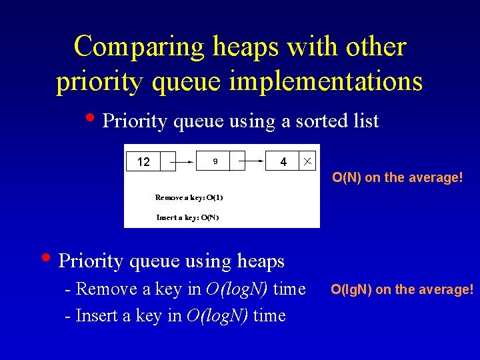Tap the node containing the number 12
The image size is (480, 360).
coord(143,162)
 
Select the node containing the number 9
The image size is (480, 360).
coord(215,162)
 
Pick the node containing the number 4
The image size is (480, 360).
coord(283,162)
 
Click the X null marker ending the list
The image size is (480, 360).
coord(307,162)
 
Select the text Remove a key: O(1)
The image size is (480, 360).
coord(189,197)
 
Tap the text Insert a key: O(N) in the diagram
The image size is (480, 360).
coord(187,217)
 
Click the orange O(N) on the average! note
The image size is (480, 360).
coord(397,177)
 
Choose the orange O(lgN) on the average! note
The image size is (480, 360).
coord(402,289)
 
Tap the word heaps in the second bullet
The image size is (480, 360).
coord(259,261)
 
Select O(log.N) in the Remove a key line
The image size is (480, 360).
coord(227,289)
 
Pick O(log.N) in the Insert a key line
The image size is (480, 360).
coord(217,315)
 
